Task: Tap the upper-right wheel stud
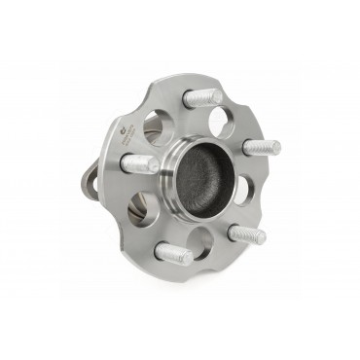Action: (x=261, y=147)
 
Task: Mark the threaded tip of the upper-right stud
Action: (x=274, y=147)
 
